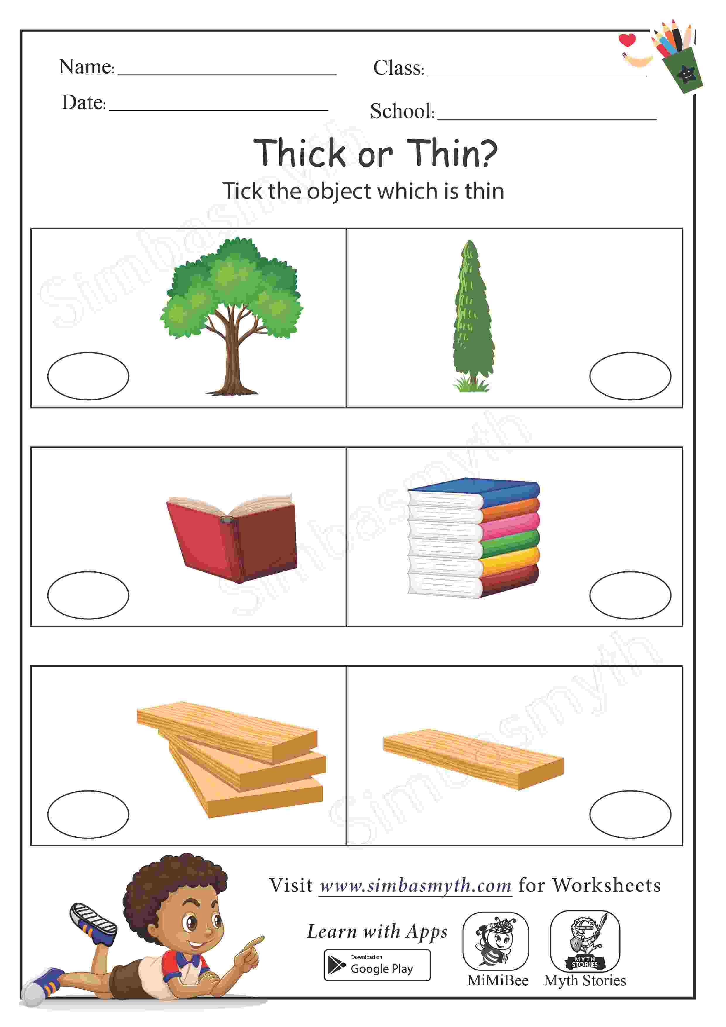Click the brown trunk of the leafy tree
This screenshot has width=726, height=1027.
tap(231, 362)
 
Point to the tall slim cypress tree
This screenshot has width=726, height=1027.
tap(473, 316)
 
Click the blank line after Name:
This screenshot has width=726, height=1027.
tap(227, 75)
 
